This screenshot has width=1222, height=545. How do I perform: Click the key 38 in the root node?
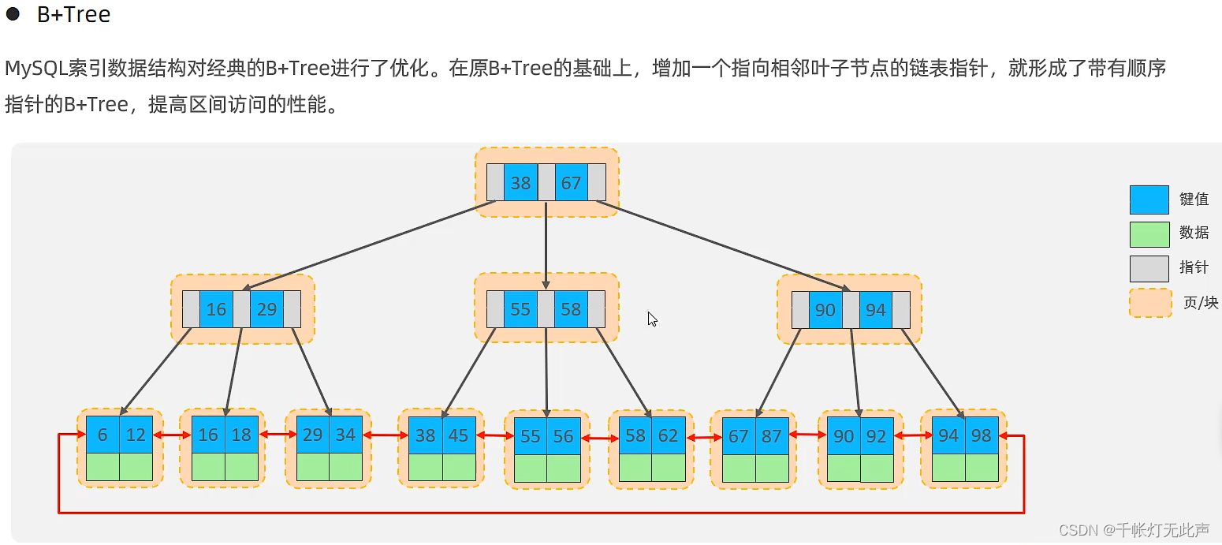coord(520,183)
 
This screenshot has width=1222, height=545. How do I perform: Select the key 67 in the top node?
coord(571,183)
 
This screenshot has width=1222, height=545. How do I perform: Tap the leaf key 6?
coord(102,435)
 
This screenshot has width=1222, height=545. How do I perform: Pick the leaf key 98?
coord(982,435)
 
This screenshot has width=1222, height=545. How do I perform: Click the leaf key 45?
coord(458,435)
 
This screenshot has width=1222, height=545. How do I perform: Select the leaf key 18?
coord(241,435)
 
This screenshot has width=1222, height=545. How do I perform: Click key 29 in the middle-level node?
coord(266,309)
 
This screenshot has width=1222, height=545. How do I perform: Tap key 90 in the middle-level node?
coord(825,310)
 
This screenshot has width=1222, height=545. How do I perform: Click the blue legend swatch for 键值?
coord(1149,200)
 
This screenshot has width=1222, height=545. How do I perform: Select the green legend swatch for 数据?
coord(1149,234)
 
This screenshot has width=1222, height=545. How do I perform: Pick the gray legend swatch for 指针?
coord(1149,268)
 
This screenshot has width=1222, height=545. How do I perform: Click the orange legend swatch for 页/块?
coord(1150,303)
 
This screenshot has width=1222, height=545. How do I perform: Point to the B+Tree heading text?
coord(73,14)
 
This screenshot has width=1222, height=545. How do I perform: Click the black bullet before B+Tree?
coord(13,13)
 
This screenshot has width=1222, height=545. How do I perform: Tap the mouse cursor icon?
coord(652,319)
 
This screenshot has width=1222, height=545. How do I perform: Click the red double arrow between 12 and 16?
coord(172,435)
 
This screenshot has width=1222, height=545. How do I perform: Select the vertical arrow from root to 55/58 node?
coord(546,245)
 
